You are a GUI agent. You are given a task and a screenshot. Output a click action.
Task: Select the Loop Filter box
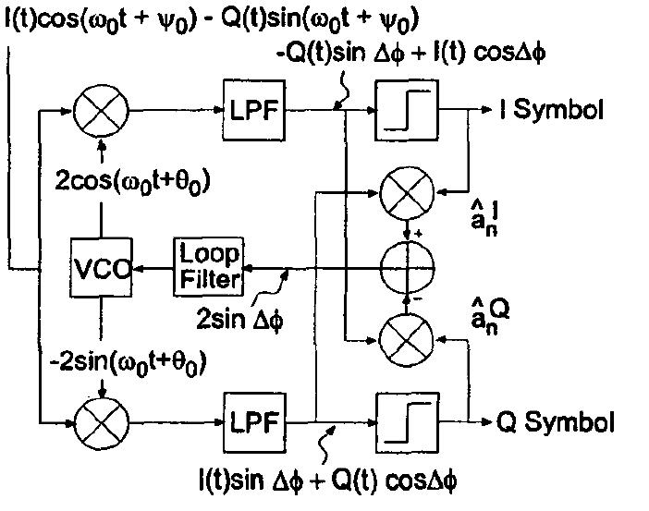[209, 266]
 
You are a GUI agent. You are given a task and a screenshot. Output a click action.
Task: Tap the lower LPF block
[251, 424]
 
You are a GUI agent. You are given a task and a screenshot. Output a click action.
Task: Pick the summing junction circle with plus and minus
[408, 269]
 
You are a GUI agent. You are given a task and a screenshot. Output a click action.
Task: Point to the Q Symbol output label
[556, 424]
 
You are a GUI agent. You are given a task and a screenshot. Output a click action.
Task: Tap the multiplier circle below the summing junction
[408, 341]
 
